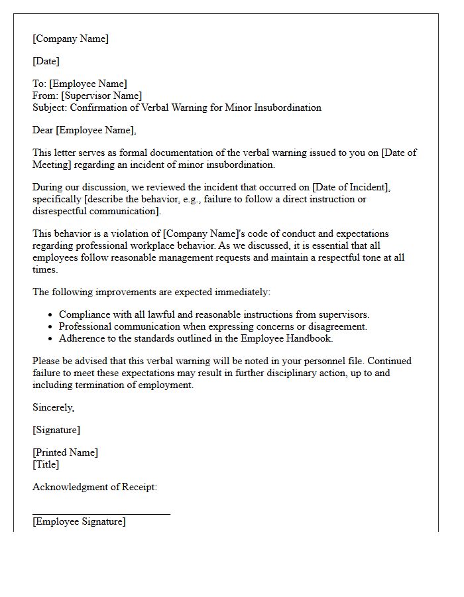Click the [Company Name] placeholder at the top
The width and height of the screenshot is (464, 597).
point(70,38)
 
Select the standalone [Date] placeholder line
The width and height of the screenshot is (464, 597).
point(46,61)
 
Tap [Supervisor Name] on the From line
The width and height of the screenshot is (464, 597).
point(101,96)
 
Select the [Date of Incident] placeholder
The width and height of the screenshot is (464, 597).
point(353,187)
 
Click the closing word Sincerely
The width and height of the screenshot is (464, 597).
point(53,407)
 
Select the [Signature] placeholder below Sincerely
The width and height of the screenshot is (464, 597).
point(56,430)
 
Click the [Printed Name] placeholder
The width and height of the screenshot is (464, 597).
point(65,452)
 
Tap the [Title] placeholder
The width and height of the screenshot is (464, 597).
point(46,464)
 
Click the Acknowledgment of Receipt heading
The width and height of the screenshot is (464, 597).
point(95,487)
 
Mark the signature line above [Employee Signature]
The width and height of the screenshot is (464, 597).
point(101,513)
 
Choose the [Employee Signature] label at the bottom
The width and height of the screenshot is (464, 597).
point(79,521)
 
